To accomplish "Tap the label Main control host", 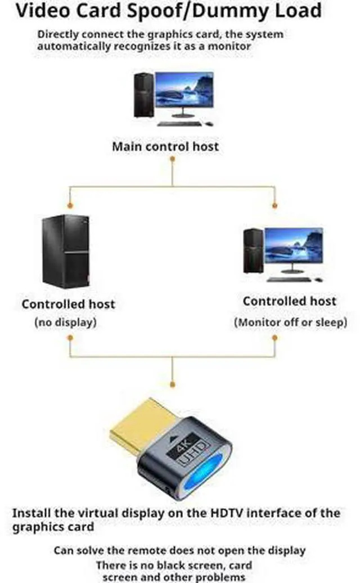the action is click(x=165, y=146).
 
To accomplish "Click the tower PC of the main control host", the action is click(x=144, y=95).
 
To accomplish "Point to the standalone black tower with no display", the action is click(x=66, y=252).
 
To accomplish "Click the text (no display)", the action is click(x=66, y=322).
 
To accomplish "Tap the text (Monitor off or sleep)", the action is click(x=290, y=322).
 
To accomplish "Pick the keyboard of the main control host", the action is click(x=180, y=124).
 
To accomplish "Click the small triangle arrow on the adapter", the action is click(x=173, y=439).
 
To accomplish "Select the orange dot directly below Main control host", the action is click(x=172, y=159).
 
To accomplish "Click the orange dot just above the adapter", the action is click(x=172, y=384).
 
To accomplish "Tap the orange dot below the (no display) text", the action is click(x=70, y=338).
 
